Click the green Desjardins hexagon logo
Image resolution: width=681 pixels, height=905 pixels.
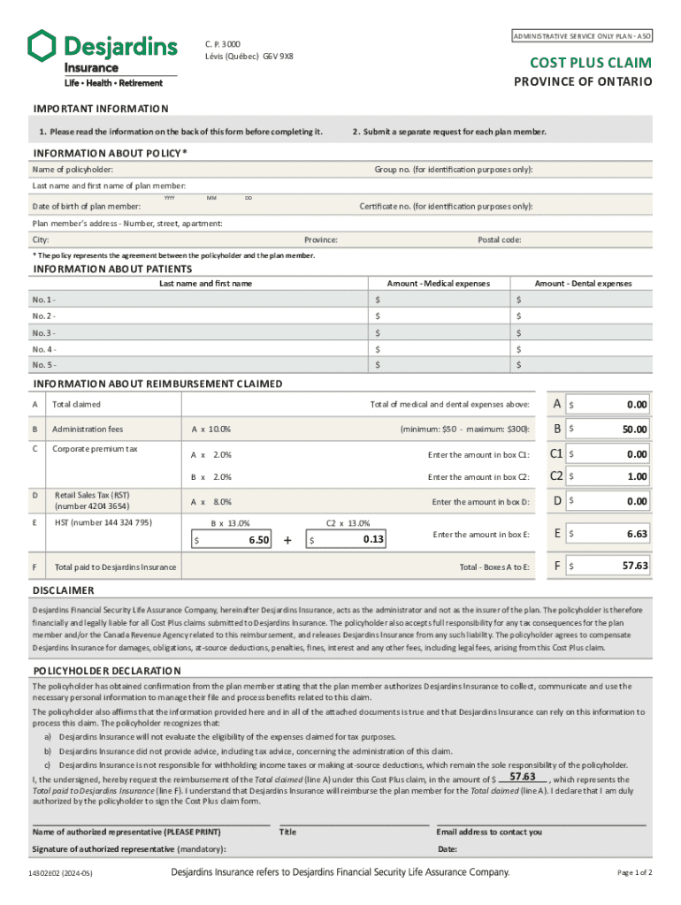42,46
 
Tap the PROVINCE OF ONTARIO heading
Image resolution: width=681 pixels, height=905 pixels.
584,81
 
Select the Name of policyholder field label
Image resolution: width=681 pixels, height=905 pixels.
73,169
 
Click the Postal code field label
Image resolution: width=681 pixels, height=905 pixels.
500,240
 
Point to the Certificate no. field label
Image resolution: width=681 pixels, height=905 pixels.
446,206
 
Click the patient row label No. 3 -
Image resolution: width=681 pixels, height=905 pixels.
44,333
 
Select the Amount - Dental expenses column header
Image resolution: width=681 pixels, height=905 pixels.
583,284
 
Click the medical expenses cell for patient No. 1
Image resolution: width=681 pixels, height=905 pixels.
440,300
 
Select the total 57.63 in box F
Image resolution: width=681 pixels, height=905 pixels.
634,566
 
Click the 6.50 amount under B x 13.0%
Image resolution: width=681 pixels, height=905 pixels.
257,539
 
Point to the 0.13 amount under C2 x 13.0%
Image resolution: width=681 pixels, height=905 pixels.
372,538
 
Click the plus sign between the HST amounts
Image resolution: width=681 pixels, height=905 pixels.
288,539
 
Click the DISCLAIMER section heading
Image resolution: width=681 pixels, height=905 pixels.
63,590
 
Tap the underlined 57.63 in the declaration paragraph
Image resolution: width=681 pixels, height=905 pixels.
524,776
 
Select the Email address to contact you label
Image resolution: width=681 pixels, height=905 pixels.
489,832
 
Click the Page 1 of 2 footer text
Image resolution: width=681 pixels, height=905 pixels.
634,873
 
